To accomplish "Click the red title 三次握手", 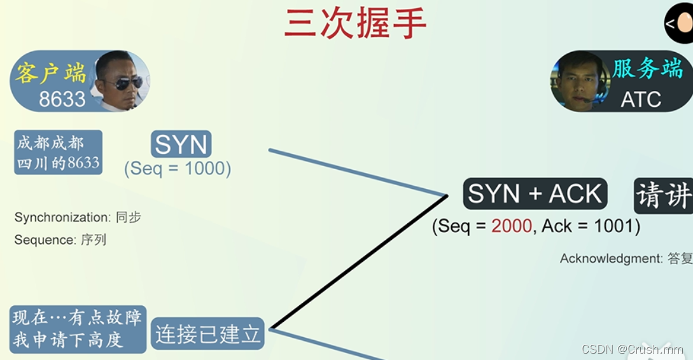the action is [355, 24].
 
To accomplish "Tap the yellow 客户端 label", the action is [51, 73].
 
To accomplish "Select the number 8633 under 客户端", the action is [62, 99].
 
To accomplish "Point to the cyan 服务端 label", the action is [648, 69].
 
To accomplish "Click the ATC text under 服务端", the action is [641, 99].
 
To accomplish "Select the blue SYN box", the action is [181, 144].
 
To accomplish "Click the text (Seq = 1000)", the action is [178, 169].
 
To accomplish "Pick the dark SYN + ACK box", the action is [535, 193].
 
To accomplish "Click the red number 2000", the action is [512, 226].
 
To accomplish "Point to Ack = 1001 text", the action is [591, 226].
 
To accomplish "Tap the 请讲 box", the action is [664, 195].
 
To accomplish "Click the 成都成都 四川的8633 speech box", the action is [58, 153].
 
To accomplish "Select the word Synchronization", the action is [62, 218].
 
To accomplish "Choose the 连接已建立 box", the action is [207, 334].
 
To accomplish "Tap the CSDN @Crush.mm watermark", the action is [633, 349].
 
